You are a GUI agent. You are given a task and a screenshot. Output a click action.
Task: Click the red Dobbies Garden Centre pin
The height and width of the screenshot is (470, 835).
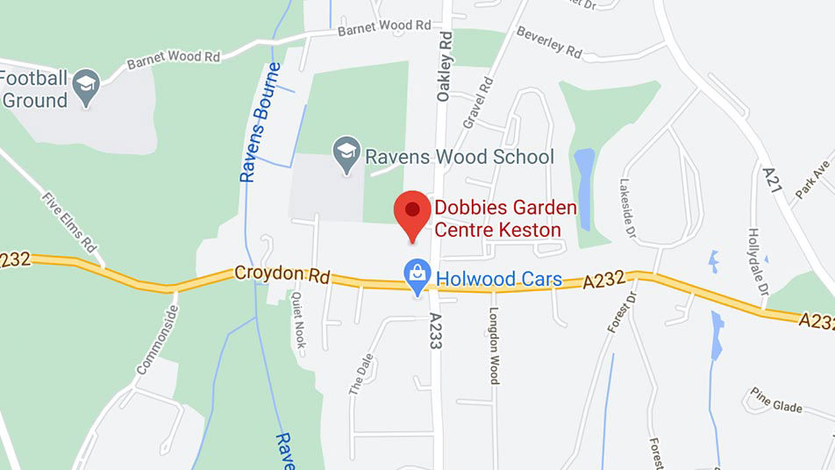coord(411,211)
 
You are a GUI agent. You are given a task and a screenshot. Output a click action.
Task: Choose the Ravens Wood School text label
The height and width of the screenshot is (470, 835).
coord(460,157)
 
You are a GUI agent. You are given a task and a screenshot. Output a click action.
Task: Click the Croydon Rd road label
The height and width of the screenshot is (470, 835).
coord(282,274)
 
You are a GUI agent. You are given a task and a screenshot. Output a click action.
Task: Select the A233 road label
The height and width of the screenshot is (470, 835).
coord(434,331)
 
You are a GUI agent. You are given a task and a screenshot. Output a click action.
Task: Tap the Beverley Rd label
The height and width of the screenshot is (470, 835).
coord(549,43)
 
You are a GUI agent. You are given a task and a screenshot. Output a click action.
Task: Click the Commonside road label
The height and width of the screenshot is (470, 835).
coord(156,341)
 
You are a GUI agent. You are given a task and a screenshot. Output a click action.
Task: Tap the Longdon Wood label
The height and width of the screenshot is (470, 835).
coord(494,345)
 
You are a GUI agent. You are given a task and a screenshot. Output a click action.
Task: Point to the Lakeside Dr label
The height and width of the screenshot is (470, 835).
coord(626,210)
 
